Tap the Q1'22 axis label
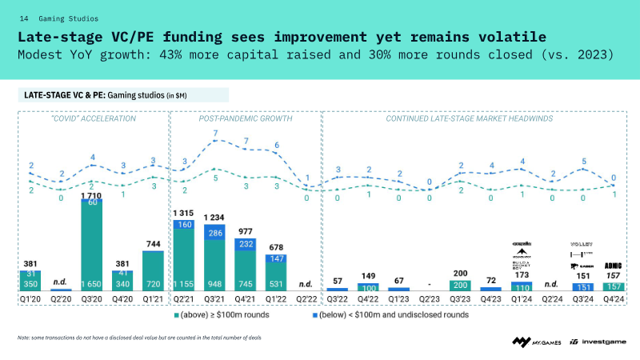276,298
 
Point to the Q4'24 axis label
614,298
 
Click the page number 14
24,18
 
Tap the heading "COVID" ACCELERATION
93,118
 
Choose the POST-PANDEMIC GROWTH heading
245,118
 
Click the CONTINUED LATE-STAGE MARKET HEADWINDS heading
467,118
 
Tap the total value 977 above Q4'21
246,231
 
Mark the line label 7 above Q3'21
215,144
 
